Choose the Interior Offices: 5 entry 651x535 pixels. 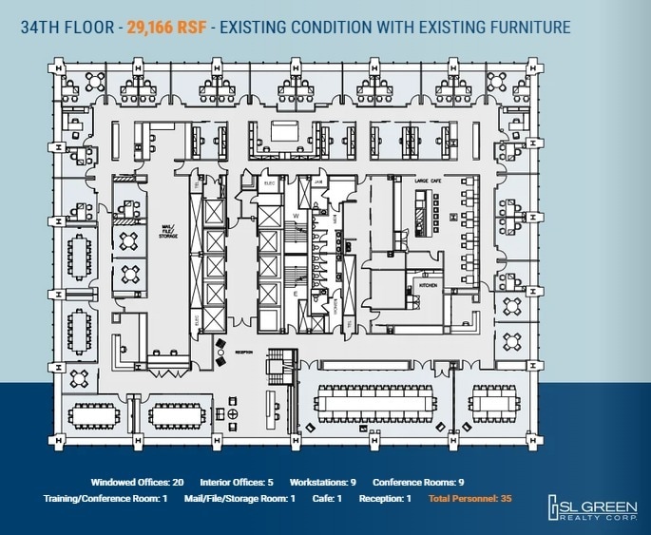tap(238, 482)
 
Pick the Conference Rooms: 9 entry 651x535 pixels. tap(418, 482)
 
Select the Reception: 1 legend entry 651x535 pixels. tap(385, 499)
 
